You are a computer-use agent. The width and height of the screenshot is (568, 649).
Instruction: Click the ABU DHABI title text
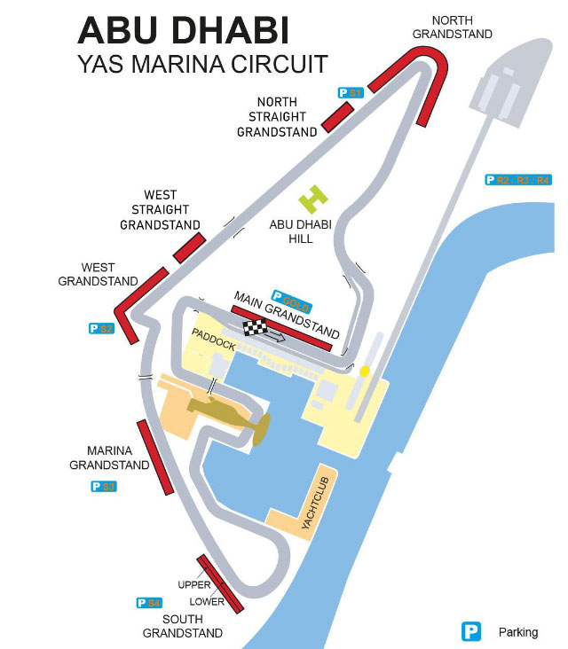click(184, 30)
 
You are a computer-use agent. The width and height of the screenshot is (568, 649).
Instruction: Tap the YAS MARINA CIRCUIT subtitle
click(202, 64)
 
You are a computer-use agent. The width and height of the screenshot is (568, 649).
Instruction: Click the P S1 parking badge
click(351, 92)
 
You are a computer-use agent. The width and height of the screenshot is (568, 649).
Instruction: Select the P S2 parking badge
click(102, 328)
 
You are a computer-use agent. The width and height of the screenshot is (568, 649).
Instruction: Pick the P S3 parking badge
click(104, 487)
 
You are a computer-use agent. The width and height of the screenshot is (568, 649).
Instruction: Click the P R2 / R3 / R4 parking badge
click(518, 180)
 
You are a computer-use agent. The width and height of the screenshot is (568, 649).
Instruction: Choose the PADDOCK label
click(214, 338)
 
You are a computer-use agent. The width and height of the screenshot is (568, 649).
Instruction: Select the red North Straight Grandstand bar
click(336, 116)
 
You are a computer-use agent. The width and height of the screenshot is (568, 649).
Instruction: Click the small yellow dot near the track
click(365, 370)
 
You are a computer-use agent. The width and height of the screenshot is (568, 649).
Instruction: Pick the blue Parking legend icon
click(470, 632)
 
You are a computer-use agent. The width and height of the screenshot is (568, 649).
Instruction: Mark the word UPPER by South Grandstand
click(194, 585)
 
